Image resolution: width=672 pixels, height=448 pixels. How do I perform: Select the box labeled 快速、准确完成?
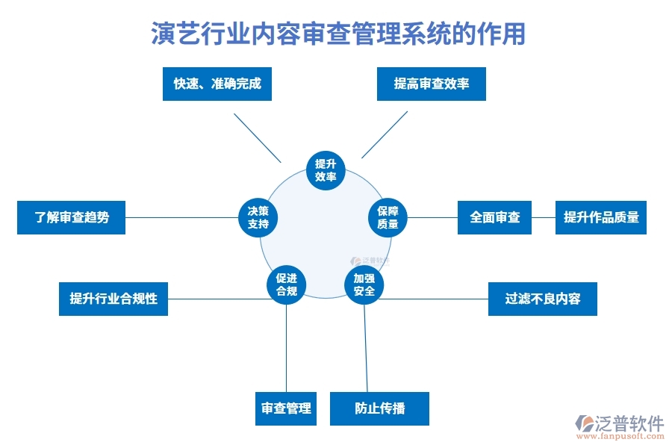217,84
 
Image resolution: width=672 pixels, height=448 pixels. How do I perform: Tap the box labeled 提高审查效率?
432,84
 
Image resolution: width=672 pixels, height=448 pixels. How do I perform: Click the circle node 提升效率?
326,170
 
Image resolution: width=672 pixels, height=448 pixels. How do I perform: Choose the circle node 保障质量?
388,217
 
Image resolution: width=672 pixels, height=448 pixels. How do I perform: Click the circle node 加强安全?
364,284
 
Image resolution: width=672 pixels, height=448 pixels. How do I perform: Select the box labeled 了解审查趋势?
71,217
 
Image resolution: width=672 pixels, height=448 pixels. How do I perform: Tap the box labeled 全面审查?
494,217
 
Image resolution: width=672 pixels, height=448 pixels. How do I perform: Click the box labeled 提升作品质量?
600,217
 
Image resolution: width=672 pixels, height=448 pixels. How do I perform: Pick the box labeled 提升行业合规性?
113,299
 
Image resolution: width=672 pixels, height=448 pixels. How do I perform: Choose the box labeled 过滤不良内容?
542,299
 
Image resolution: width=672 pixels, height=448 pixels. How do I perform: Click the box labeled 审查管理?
286,408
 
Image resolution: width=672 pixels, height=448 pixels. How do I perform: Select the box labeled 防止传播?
379,408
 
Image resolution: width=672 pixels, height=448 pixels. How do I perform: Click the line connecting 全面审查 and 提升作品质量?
543,218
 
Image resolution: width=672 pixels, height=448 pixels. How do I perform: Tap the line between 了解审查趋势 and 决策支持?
179,218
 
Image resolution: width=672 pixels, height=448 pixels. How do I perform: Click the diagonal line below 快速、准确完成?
257,137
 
